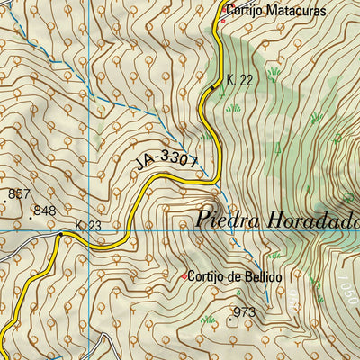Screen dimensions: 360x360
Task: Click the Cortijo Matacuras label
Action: [x=275, y=12]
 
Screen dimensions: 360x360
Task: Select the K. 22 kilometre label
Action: [x=239, y=80]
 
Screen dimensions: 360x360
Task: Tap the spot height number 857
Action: [x=19, y=193]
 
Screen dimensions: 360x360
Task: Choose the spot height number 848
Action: [x=43, y=211]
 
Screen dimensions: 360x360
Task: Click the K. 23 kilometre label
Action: [x=87, y=226]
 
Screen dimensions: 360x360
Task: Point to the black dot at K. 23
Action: [x=60, y=234]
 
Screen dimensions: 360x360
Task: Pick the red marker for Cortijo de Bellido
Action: [x=184, y=276]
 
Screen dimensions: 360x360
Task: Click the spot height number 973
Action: [x=245, y=312]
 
